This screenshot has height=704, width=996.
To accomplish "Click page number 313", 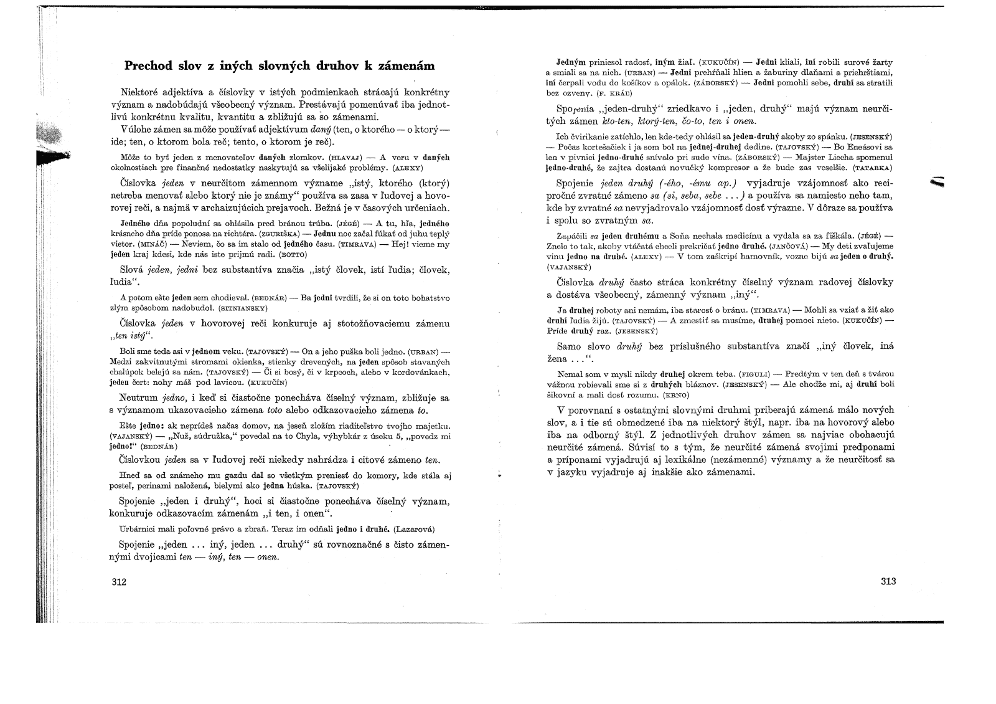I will (888, 581).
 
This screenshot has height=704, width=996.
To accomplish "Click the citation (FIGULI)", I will (754, 375).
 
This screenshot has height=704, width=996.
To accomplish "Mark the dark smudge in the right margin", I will (936, 182).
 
